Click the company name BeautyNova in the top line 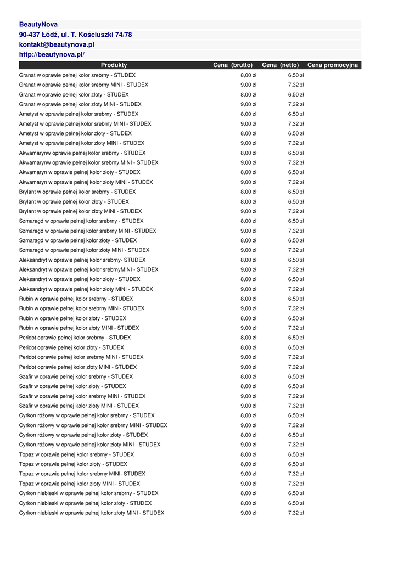pos(38,25)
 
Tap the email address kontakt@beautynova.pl pos(57,44)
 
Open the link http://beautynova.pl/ pos(52,54)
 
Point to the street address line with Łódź pos(75,35)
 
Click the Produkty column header pos(114,65)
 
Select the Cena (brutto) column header pos(233,65)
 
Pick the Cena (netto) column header pos(280,65)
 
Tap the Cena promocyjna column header pos(332,65)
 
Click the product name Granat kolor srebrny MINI pos(83,85)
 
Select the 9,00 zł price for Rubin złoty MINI pos(248,328)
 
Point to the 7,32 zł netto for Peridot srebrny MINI pos(296,357)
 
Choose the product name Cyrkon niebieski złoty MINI pos(92,513)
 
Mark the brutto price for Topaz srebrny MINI pos(248,474)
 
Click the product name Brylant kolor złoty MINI pos(80,211)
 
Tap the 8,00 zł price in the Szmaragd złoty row pos(248,240)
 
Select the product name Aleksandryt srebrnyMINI pos(88,270)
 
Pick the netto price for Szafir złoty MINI pos(296,406)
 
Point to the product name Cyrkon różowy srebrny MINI pos(93,425)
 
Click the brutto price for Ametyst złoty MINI pos(248,143)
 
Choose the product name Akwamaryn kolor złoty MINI pos(86,182)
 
